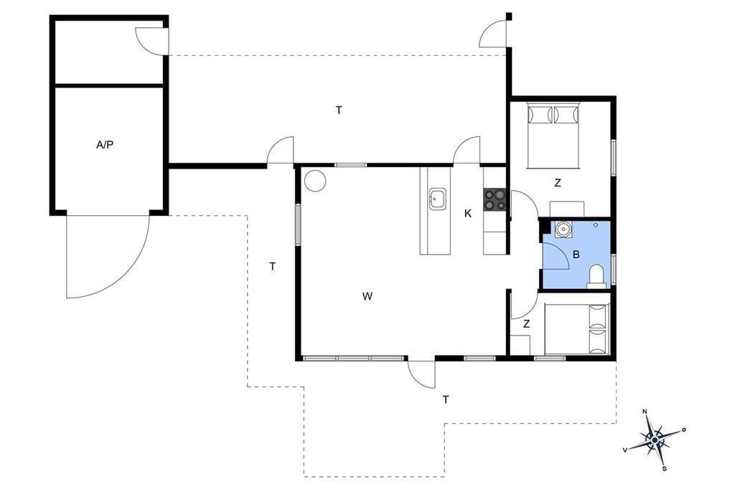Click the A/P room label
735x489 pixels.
[x=105, y=145]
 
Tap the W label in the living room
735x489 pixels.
[x=367, y=296]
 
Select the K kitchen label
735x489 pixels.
[x=468, y=214]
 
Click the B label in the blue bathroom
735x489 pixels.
[x=576, y=255]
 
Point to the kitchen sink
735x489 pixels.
[x=438, y=199]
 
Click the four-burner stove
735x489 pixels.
[x=495, y=199]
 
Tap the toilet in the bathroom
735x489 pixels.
[x=596, y=276]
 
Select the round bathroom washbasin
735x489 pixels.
[x=563, y=229]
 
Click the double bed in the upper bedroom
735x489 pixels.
[x=553, y=135]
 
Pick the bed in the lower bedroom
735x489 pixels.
[x=577, y=329]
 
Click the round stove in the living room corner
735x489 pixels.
[x=314, y=180]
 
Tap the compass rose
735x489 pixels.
[x=655, y=440]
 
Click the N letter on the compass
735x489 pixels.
[x=645, y=412]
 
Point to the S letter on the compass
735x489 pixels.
[x=664, y=468]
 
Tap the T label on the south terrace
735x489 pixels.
[x=446, y=399]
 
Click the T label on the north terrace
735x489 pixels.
[x=339, y=110]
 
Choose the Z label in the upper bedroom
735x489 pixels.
[x=557, y=183]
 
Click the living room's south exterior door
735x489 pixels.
[x=421, y=373]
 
